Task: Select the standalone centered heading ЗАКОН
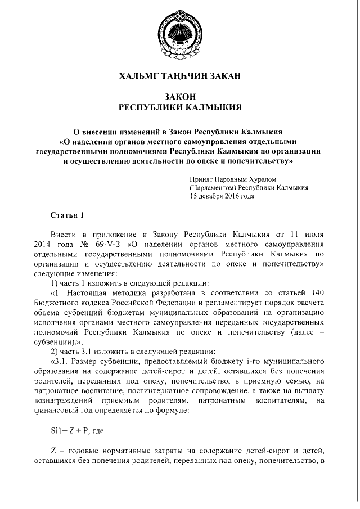click(x=179, y=97)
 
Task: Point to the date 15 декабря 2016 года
click(x=223, y=196)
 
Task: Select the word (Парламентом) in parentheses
click(x=213, y=188)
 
